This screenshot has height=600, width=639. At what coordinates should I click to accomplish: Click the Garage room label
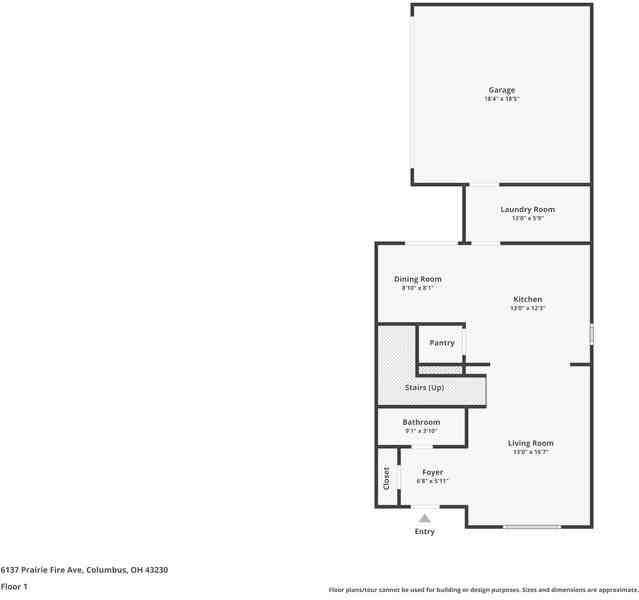502,90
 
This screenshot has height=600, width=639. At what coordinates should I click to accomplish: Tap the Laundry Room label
527,209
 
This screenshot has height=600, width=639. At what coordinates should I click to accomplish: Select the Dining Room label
417,279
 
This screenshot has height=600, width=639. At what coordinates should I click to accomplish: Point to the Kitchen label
527,299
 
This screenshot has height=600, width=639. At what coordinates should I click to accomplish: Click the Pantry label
442,343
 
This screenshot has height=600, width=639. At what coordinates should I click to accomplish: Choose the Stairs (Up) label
424,387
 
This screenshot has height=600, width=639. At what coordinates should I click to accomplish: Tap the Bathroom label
421,422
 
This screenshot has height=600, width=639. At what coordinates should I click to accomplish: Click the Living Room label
531,443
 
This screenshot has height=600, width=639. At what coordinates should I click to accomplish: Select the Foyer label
432,472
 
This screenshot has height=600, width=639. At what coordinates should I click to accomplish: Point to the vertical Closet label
387,478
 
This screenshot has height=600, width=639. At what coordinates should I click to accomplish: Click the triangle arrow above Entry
424,518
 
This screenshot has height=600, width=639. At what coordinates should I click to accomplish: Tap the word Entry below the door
425,531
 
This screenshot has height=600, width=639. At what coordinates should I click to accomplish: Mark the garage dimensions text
502,99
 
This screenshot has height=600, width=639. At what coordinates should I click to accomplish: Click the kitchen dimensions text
527,308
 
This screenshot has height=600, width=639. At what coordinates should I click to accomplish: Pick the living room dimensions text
531,452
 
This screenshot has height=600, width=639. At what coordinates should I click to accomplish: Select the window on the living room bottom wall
531,526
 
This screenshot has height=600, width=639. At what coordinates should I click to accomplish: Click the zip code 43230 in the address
155,569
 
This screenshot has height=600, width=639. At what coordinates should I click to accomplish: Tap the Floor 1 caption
14,586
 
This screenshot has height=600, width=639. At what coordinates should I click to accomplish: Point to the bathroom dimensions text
421,431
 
